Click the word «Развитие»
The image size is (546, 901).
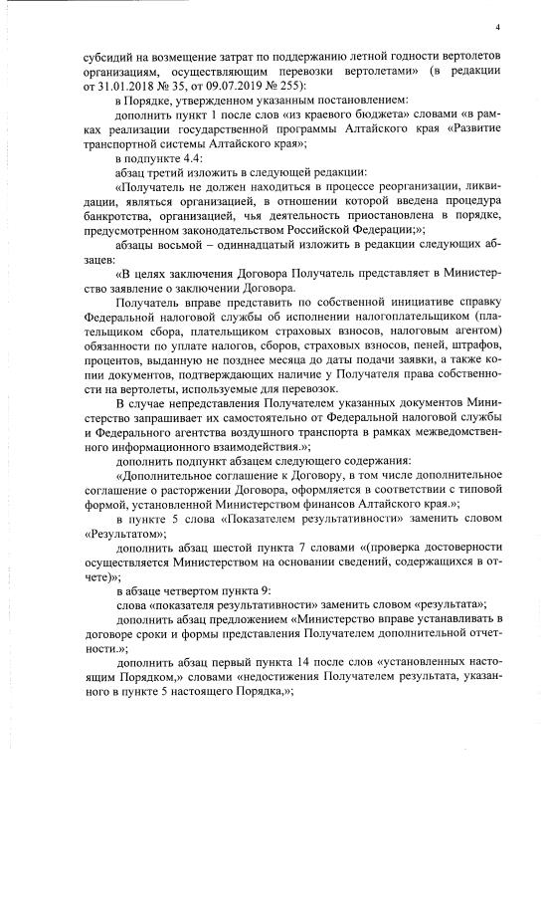[459, 129]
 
